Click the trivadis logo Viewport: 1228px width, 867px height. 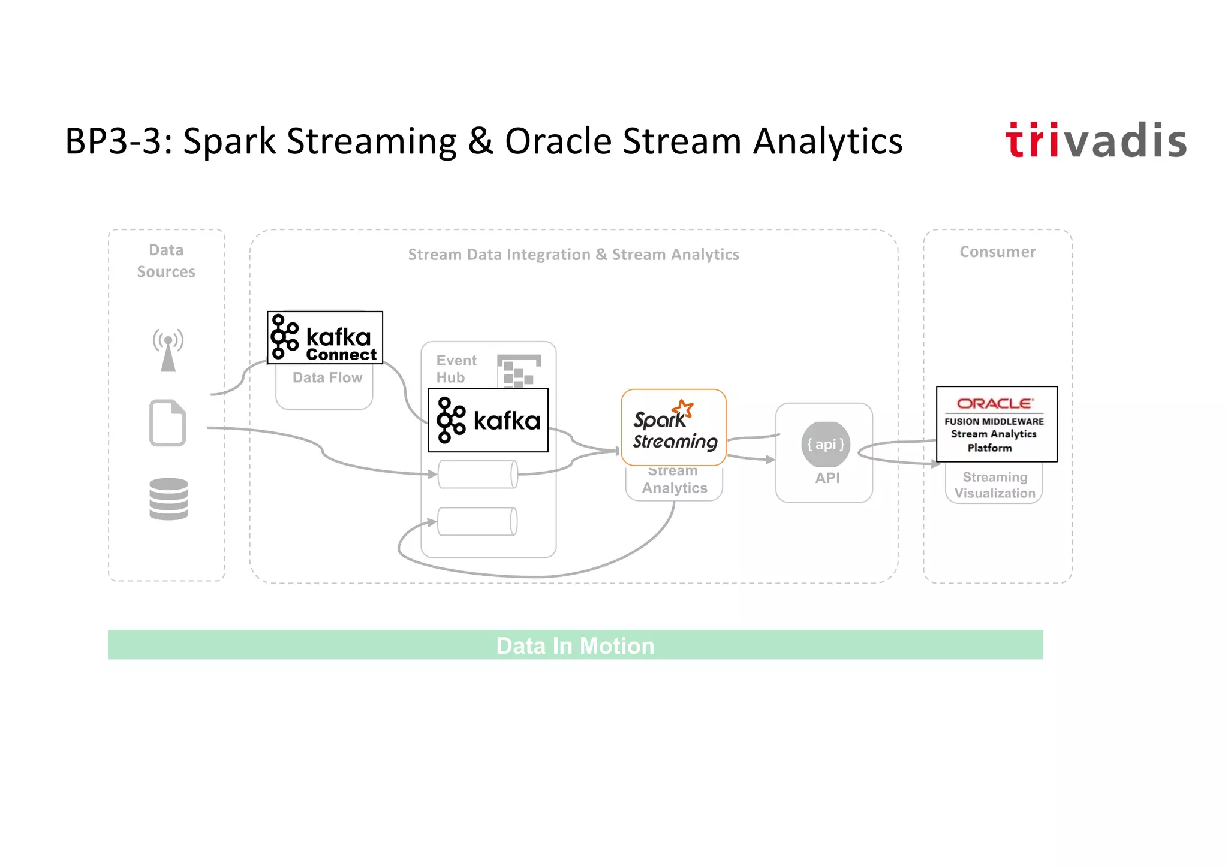1095,141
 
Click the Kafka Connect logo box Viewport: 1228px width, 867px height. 324,337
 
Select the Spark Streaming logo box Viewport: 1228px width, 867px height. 673,427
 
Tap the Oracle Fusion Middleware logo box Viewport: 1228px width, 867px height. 996,424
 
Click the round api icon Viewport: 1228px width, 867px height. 825,445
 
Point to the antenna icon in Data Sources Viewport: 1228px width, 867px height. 168,350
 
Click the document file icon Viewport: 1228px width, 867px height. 167,423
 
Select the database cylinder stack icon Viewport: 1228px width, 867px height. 168,499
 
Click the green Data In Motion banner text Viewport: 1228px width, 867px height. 575,645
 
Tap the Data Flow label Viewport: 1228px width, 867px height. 327,378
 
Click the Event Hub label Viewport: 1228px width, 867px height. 456,368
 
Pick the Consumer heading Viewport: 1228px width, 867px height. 997,252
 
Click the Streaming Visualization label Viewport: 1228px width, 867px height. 994,485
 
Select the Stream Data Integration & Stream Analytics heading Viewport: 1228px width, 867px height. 573,255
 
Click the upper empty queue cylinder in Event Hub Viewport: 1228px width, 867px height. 477,475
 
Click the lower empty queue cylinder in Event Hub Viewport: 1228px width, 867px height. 477,521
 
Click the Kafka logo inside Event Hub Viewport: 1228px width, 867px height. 488,420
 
